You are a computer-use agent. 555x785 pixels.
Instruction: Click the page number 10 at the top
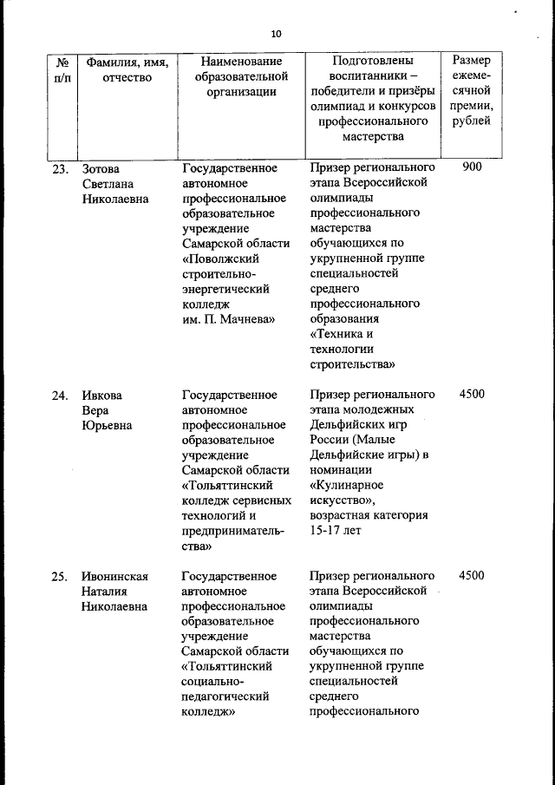[276, 34]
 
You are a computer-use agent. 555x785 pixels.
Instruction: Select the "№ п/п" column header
[62, 69]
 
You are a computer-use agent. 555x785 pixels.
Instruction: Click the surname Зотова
[101, 168]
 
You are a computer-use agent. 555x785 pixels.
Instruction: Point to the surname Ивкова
[102, 396]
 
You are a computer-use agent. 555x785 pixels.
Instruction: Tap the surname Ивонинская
[115, 577]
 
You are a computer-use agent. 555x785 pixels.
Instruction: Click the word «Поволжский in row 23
[225, 258]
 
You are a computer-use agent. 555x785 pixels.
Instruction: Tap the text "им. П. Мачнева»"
[229, 319]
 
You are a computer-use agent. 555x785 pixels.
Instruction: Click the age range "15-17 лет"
[335, 531]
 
